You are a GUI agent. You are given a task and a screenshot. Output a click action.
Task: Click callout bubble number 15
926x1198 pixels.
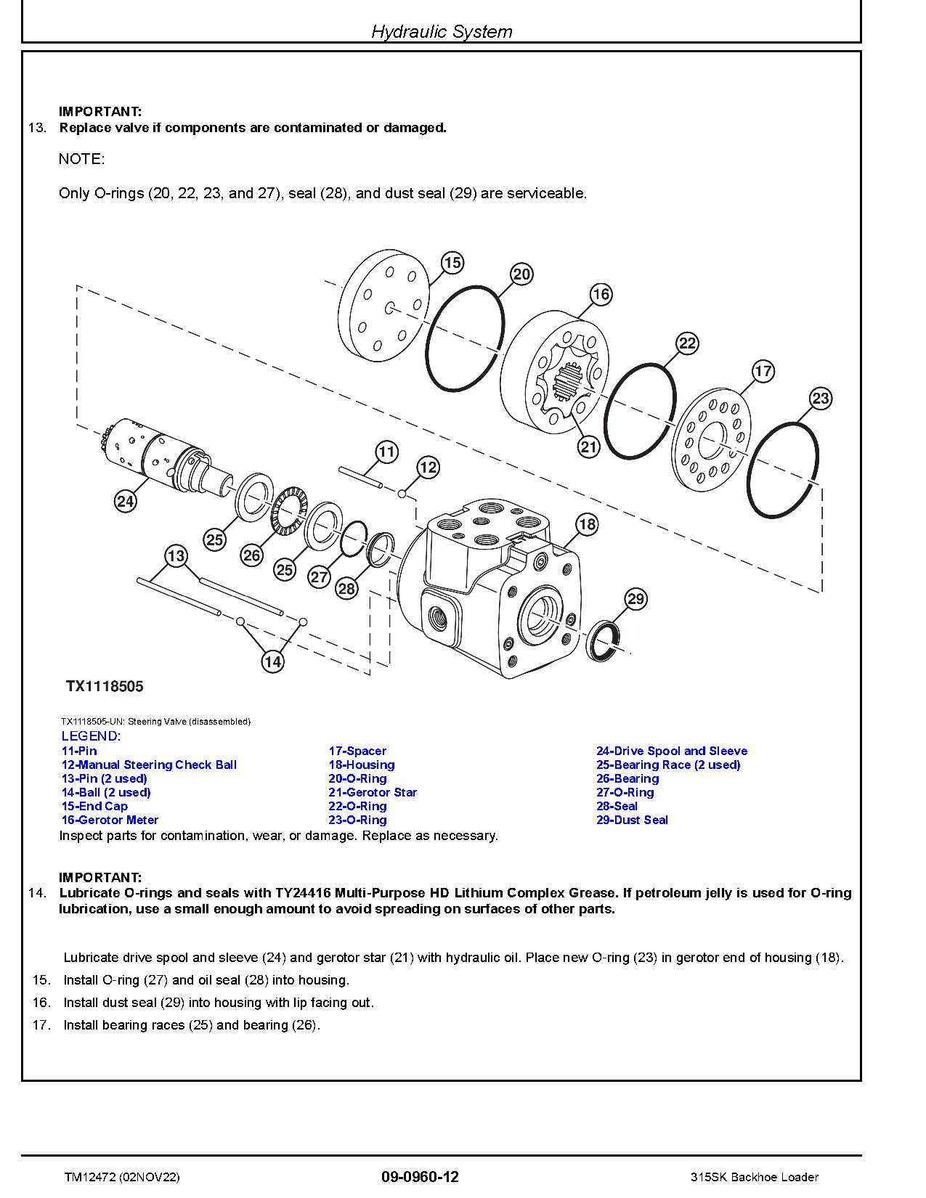(x=452, y=262)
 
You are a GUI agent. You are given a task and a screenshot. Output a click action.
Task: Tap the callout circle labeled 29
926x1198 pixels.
(x=635, y=599)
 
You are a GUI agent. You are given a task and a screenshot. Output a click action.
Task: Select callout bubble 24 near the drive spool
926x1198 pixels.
(x=126, y=501)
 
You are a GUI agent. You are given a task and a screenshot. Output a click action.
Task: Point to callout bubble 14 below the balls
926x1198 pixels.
(x=272, y=661)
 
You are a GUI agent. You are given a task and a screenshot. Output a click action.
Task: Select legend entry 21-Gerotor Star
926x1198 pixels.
(x=373, y=792)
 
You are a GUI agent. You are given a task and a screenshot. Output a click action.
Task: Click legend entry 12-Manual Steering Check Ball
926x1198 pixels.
(x=149, y=765)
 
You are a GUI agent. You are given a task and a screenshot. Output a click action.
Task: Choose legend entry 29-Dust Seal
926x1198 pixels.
(x=632, y=820)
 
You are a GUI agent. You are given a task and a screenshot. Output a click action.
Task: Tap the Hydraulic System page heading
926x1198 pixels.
(x=442, y=31)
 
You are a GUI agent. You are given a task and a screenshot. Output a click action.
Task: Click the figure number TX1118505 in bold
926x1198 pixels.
(x=105, y=686)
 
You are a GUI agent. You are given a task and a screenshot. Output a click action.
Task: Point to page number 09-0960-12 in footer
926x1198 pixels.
(x=420, y=1176)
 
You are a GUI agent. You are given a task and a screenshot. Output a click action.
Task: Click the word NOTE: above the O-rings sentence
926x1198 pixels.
(x=81, y=158)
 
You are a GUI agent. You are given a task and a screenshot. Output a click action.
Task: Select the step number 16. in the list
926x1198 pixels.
(x=41, y=1002)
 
